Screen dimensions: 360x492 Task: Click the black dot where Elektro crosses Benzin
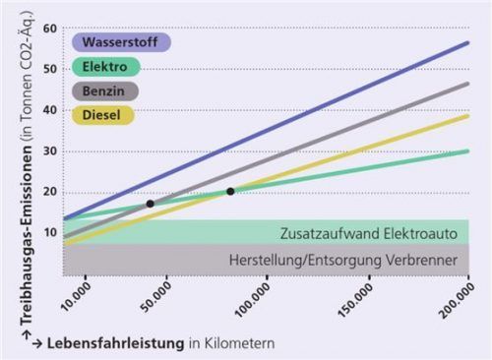(x=150, y=204)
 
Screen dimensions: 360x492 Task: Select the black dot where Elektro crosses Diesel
(x=230, y=191)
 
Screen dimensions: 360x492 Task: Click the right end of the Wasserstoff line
(x=468, y=43)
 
